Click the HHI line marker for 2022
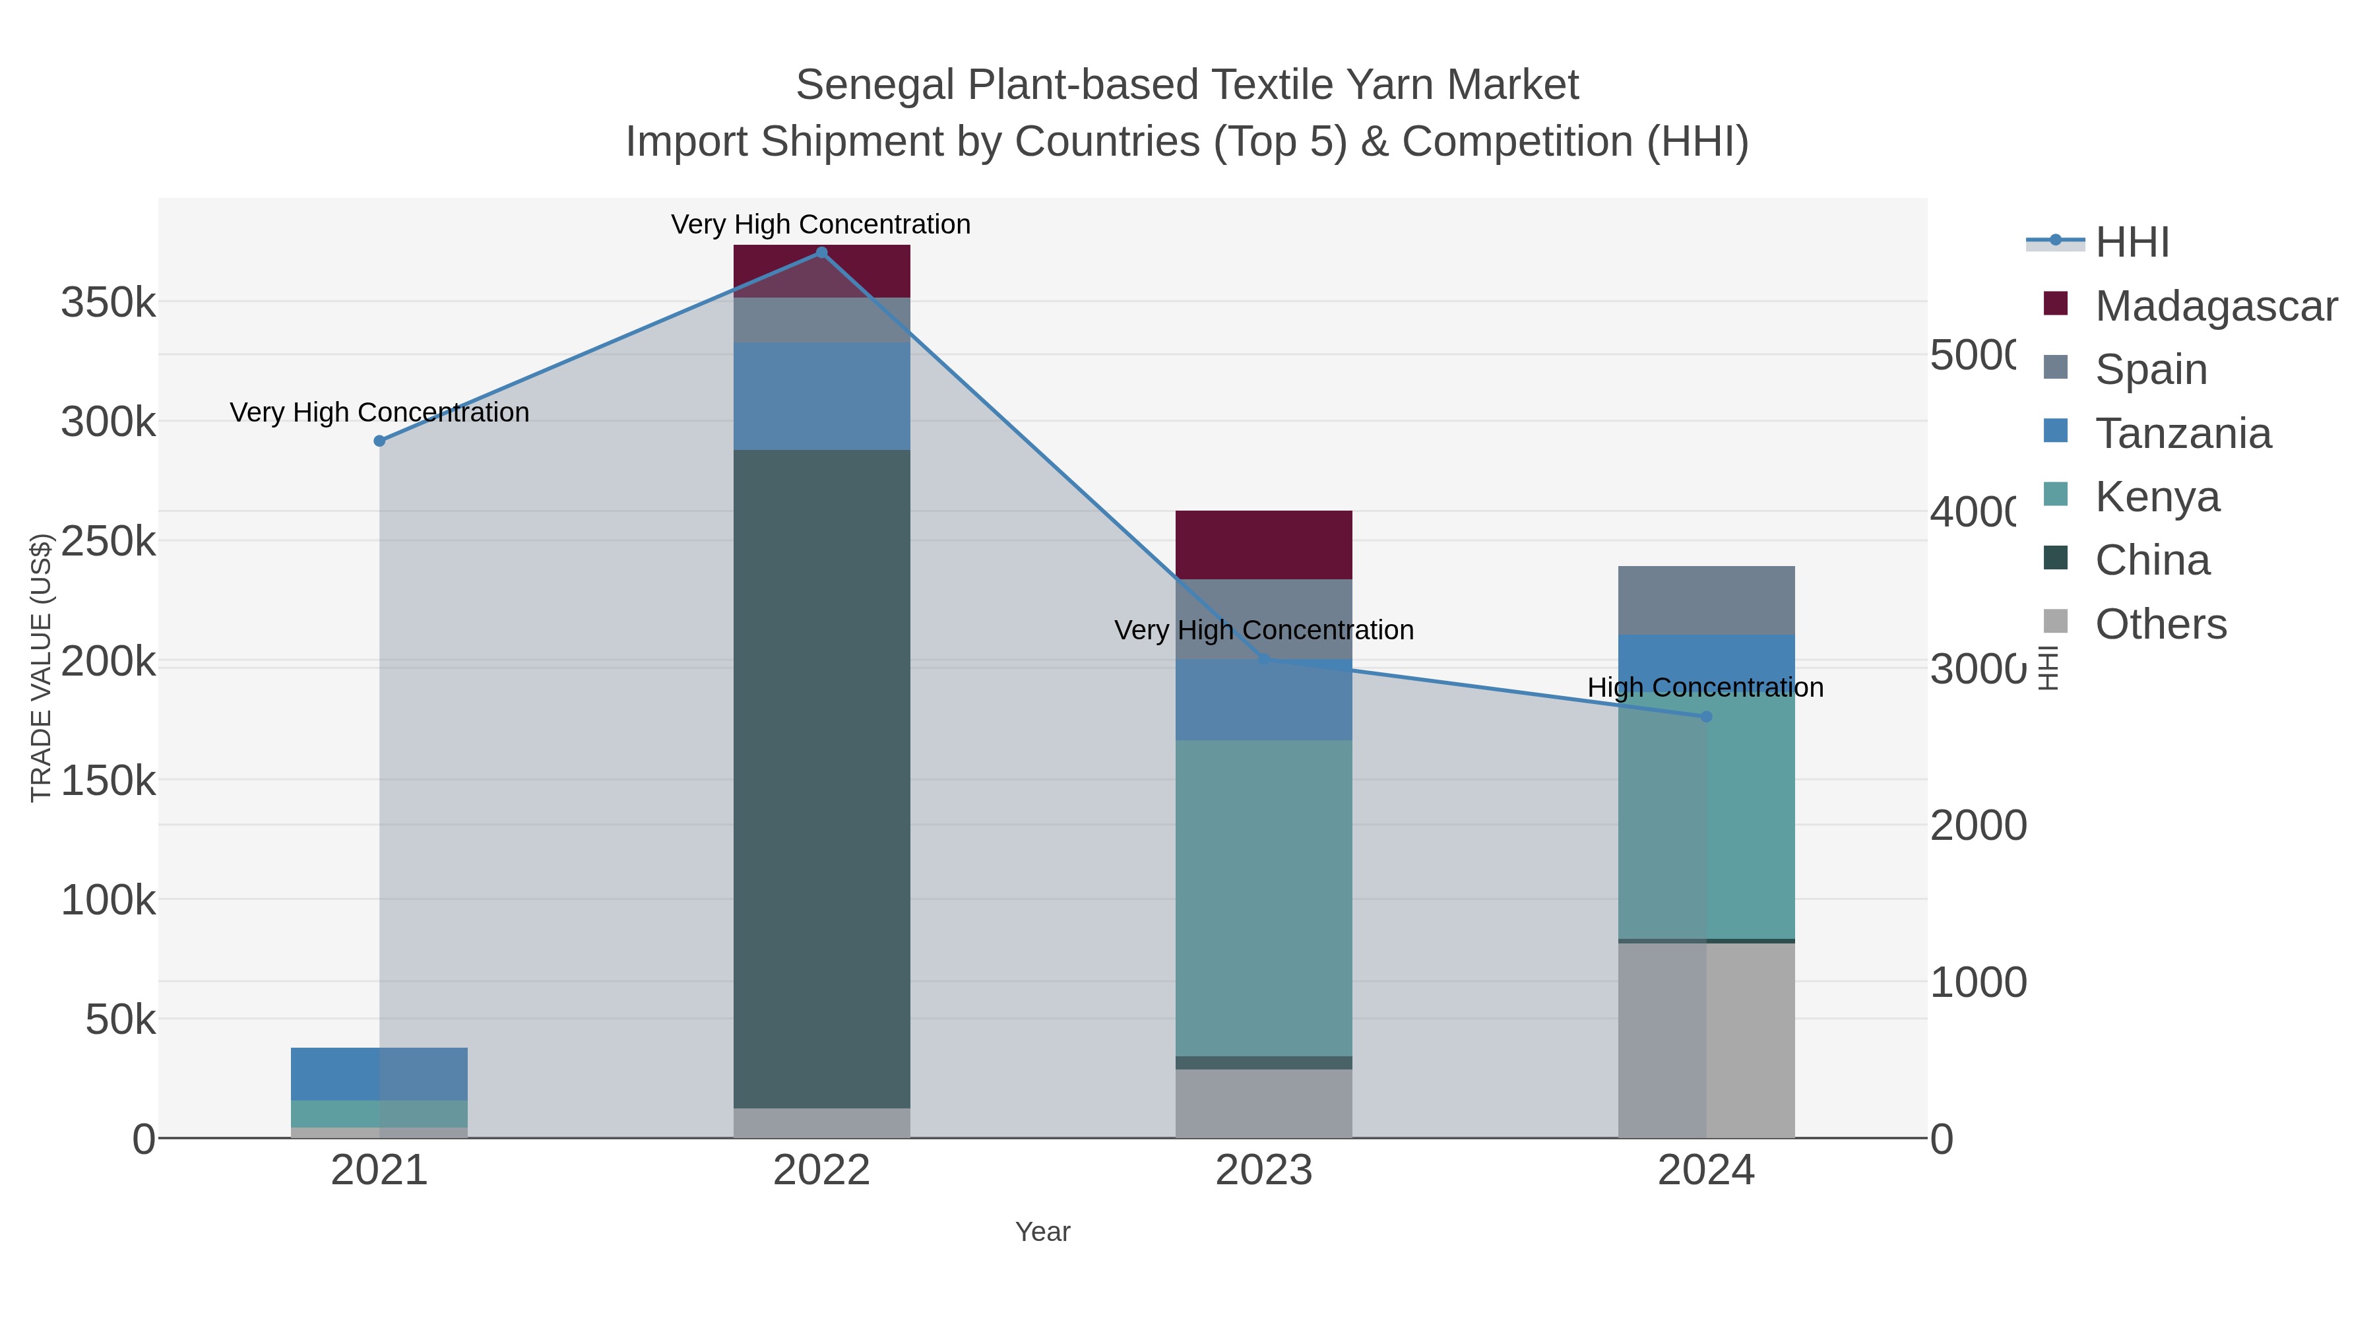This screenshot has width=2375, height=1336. (821, 253)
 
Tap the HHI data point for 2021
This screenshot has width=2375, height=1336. (379, 441)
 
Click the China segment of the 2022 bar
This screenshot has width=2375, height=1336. (821, 779)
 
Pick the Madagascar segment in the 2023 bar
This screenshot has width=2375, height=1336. (1263, 545)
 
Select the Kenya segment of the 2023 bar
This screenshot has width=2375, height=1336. (1263, 898)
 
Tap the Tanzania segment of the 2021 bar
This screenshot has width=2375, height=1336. (379, 1074)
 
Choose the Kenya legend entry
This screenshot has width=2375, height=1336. (2157, 497)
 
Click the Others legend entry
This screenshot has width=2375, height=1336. (2160, 624)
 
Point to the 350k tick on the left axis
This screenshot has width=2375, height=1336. (108, 302)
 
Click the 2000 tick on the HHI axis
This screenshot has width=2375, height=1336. (1978, 826)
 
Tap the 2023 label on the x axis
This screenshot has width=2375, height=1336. (1263, 1171)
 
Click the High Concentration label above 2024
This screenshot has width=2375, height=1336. (1705, 688)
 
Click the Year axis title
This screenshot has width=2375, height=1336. (1043, 1232)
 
